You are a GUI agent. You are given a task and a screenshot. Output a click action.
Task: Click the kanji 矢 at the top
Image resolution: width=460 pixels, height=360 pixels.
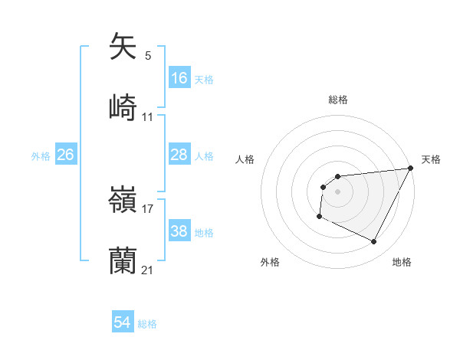coord(123,46)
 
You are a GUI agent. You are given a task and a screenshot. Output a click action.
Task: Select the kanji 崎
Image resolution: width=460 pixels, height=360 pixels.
coord(123,107)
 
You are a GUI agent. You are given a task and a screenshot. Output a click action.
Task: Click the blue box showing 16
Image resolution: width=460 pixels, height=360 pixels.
coord(179,78)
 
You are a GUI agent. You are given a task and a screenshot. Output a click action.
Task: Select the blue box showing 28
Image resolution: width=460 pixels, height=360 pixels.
coord(179,155)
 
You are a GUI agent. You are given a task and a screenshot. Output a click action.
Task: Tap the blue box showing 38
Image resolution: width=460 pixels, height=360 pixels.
coord(179,231)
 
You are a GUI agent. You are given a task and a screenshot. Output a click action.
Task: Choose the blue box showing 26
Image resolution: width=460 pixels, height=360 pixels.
coord(65,155)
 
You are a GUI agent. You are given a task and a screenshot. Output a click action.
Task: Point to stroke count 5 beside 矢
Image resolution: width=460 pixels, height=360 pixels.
coord(148,56)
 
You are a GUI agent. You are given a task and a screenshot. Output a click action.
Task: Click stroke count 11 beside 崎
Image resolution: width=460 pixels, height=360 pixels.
coord(148,117)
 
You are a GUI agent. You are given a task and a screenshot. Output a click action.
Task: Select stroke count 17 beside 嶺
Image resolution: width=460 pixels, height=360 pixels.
coord(148,208)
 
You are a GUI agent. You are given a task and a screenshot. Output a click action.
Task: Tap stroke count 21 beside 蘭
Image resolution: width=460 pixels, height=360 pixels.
coord(148,270)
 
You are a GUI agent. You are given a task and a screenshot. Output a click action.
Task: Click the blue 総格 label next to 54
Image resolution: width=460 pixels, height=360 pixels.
coord(147,324)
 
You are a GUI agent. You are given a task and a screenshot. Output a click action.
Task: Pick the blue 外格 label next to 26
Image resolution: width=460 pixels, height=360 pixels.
coord(41,156)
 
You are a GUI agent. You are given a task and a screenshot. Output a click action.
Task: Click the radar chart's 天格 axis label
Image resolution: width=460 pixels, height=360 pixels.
coord(431,159)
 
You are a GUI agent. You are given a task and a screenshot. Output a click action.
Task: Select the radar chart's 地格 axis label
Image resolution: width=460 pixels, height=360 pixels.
coord(402,263)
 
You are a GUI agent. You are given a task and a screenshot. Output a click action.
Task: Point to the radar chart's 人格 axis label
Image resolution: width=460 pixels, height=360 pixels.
coord(245,159)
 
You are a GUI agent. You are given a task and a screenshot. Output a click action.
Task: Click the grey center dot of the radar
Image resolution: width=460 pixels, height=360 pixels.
coord(337,191)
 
